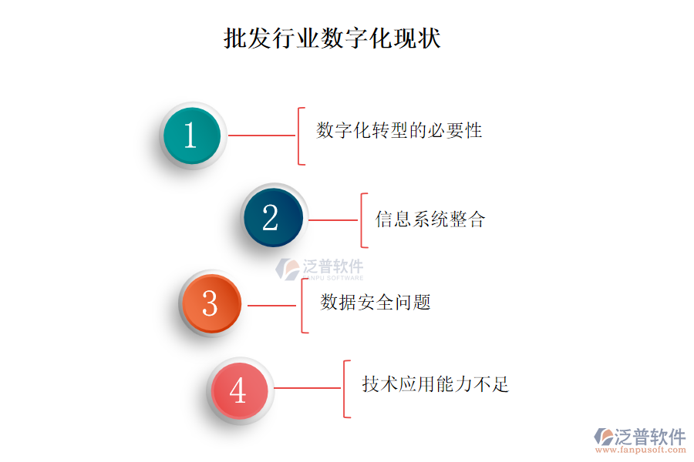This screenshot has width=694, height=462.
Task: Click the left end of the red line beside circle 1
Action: (x=228, y=136)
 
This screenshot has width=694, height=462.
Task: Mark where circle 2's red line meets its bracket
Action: (x=362, y=219)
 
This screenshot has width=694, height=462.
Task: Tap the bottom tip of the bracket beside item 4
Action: (x=350, y=417)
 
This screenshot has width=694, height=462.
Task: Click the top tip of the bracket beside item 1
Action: (x=305, y=108)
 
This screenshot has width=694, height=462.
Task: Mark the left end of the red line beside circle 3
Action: (x=248, y=306)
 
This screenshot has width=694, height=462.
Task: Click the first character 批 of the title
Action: (x=234, y=38)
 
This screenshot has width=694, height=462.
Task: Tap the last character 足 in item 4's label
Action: (x=500, y=383)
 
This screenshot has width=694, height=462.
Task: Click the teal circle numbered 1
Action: (x=192, y=136)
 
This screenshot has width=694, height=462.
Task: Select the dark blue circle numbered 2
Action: (x=274, y=217)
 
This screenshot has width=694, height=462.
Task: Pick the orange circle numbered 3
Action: (x=211, y=303)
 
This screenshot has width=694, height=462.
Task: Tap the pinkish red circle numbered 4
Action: (x=240, y=390)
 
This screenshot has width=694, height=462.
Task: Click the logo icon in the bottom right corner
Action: (x=604, y=437)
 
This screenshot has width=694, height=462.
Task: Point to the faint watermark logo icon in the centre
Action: (x=288, y=269)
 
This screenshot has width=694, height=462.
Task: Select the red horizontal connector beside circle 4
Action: (x=308, y=388)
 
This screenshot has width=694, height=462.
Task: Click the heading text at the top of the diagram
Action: (x=332, y=38)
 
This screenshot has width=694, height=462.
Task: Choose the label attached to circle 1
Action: (x=399, y=130)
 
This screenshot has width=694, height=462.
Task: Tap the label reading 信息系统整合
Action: (x=430, y=219)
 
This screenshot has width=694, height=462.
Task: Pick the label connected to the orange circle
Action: (x=376, y=303)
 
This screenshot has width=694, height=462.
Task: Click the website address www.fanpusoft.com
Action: (x=641, y=450)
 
